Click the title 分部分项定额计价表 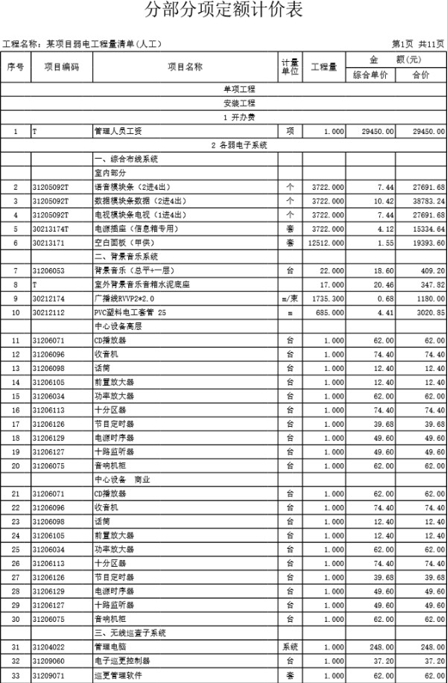[x=224, y=10]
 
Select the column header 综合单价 [x=370, y=75]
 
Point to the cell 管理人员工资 [x=112, y=131]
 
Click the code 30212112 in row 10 [x=50, y=312]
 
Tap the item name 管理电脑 [x=109, y=647]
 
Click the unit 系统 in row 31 [x=289, y=647]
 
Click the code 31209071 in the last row [x=50, y=675]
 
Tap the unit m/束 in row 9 [x=289, y=298]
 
